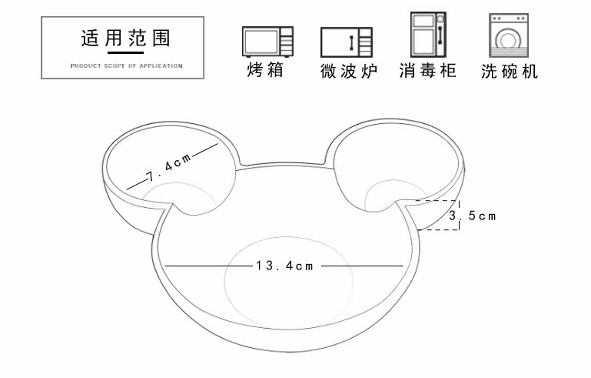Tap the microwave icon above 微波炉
coord(346,42)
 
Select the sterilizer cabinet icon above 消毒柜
coord(428,35)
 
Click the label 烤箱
coord(266,71)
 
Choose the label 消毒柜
coord(428,71)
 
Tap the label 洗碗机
coord(510,72)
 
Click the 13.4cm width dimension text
coord(285,266)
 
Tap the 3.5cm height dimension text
coord(472,216)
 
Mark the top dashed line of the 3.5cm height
coord(437,201)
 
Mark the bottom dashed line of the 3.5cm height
coord(439,230)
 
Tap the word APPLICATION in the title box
coord(162,65)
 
